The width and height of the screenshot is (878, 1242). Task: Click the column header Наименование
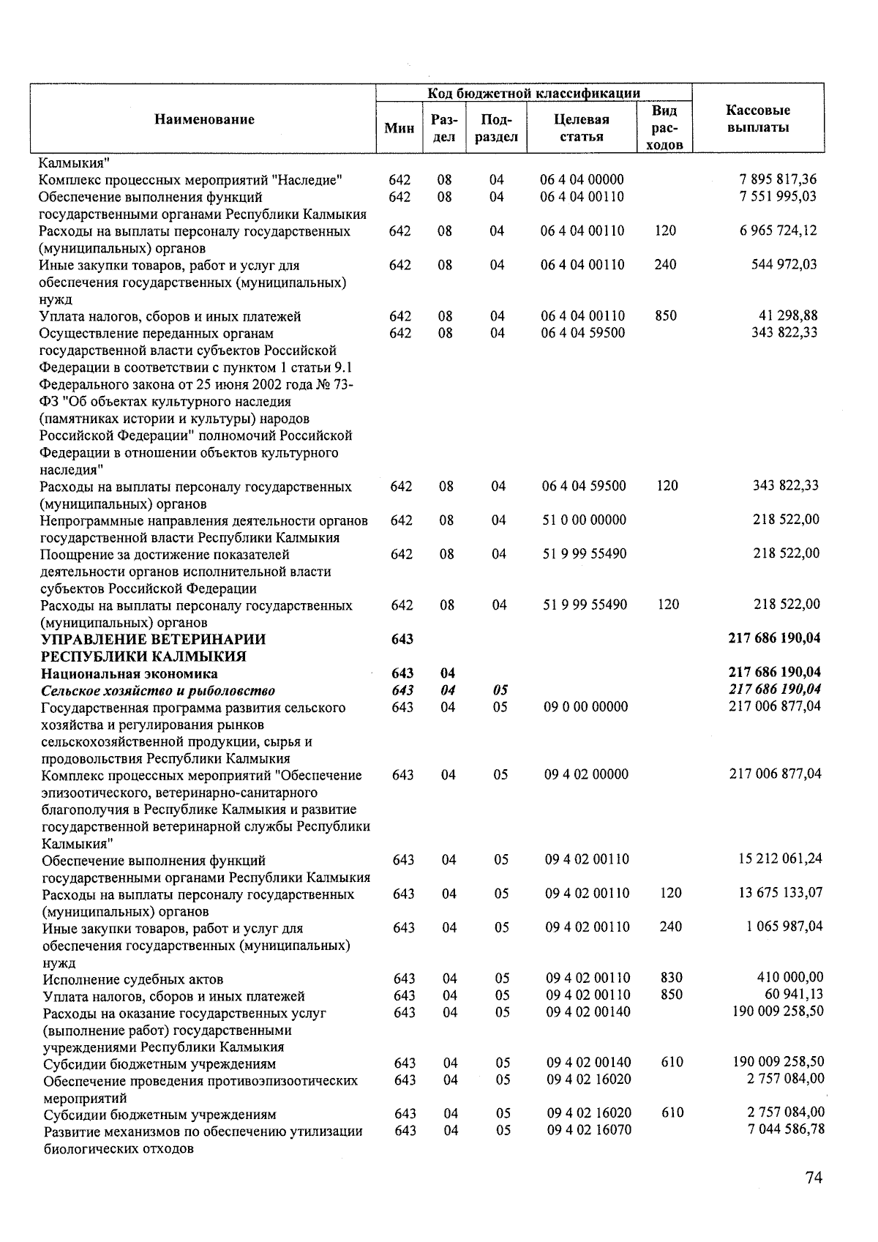point(204,119)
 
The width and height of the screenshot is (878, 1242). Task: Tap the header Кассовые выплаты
point(757,119)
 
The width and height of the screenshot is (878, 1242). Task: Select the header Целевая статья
point(582,128)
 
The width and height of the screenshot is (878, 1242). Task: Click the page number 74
point(814,1178)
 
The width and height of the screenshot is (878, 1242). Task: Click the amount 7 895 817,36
point(778,179)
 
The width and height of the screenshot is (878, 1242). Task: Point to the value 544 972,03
point(784,264)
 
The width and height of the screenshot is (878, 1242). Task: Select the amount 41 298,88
point(788,315)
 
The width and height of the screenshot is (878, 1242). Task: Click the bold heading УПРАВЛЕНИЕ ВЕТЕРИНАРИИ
point(153,639)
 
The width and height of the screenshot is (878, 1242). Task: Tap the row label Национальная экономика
point(130,673)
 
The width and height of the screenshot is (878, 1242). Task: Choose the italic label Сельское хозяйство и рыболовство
point(158,690)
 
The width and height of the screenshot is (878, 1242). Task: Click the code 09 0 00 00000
point(585,707)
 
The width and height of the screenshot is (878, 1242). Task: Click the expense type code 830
point(671,978)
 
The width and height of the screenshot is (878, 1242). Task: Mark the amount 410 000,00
point(789,977)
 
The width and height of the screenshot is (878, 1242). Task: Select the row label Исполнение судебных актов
point(133,979)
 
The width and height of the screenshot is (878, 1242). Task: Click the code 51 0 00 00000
point(584,520)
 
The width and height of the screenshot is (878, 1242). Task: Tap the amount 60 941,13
point(793,994)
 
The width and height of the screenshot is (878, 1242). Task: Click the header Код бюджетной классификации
point(533,93)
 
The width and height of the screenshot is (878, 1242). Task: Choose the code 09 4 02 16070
point(588,1130)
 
